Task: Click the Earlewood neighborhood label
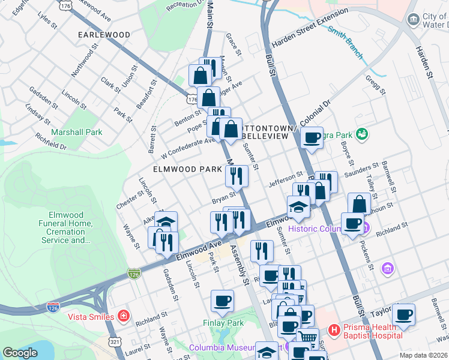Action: tap(104, 35)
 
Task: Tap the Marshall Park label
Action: tap(76, 132)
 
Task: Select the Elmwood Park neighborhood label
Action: tap(187, 170)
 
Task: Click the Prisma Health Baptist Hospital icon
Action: tap(334, 330)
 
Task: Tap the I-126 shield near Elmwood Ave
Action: tap(134, 274)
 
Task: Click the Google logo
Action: tap(20, 353)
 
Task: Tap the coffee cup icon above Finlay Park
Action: tap(222, 301)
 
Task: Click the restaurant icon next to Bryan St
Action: tap(237, 176)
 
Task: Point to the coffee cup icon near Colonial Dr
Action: tap(312, 138)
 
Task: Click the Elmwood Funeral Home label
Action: tap(70, 227)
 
